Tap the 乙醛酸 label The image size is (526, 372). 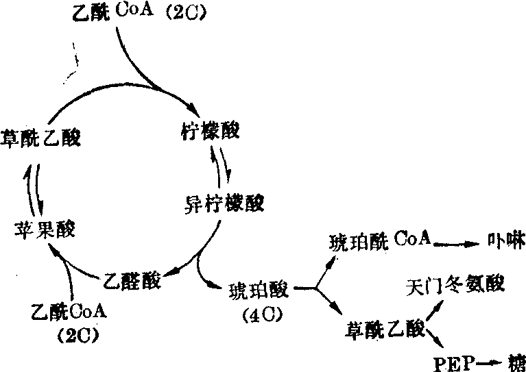pyautogui.click(x=132, y=279)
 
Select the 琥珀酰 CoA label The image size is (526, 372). pyautogui.click(x=379, y=240)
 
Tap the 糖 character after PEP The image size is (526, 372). pyautogui.click(x=514, y=360)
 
